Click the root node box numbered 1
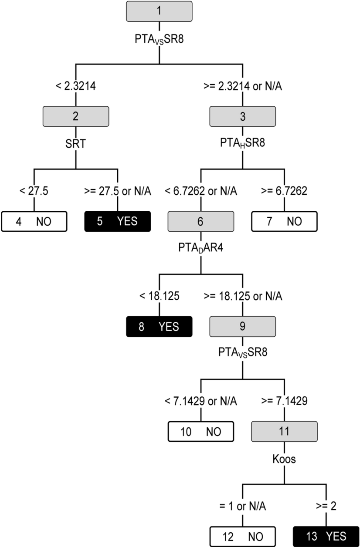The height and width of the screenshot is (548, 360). [159, 11]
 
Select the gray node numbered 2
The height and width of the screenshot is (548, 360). [76, 116]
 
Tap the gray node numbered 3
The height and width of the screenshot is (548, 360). [243, 116]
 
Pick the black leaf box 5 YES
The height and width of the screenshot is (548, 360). [118, 221]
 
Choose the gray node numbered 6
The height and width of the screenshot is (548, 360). [201, 221]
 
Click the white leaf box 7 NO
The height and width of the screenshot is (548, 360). [284, 221]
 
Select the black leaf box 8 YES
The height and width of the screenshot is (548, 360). [159, 326]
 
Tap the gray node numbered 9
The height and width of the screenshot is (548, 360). [243, 326]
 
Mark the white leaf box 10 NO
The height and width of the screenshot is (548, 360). [201, 431]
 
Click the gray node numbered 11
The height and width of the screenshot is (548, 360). [284, 431]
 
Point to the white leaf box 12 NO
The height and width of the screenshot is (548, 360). [243, 536]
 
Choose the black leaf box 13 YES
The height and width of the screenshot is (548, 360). [326, 536]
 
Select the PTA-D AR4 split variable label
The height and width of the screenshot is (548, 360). [201, 247]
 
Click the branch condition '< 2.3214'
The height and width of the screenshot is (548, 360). [76, 86]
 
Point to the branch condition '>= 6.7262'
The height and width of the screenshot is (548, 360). [284, 191]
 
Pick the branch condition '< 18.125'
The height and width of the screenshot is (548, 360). [159, 296]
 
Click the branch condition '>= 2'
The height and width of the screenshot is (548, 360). [326, 506]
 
